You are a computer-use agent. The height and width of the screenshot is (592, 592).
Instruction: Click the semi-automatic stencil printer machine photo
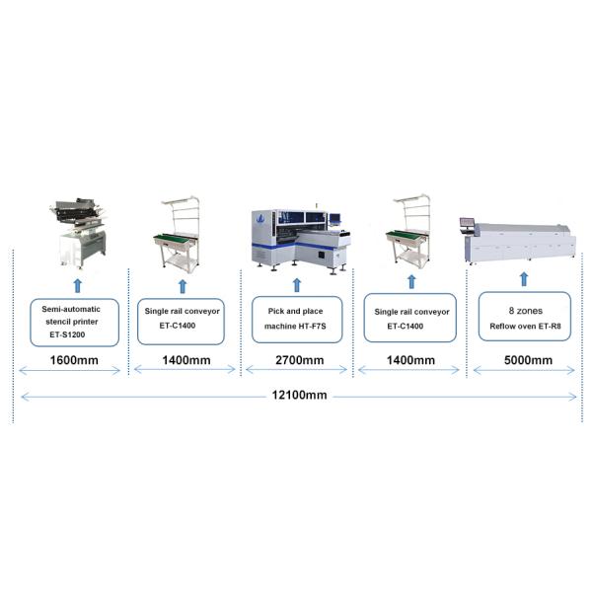(x=80, y=231)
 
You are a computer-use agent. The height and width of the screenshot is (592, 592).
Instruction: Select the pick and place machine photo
(x=298, y=237)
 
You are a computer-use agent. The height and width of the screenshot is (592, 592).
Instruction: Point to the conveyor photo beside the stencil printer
(x=181, y=234)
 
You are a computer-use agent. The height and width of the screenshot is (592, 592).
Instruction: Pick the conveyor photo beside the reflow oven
(x=409, y=234)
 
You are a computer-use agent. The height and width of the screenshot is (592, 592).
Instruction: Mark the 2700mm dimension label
(x=298, y=359)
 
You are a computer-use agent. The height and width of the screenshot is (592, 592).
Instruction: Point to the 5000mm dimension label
(x=528, y=359)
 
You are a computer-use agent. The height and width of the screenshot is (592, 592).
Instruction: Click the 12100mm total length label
(x=298, y=395)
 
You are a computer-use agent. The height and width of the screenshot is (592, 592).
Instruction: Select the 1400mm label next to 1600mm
(x=185, y=359)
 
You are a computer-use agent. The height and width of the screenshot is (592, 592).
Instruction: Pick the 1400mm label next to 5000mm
(x=409, y=359)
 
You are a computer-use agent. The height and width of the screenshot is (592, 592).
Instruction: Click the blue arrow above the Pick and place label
(x=297, y=285)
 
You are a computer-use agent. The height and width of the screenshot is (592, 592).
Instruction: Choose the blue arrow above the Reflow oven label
(x=524, y=281)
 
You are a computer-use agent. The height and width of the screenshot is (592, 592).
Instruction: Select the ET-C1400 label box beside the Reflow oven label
(x=410, y=318)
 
